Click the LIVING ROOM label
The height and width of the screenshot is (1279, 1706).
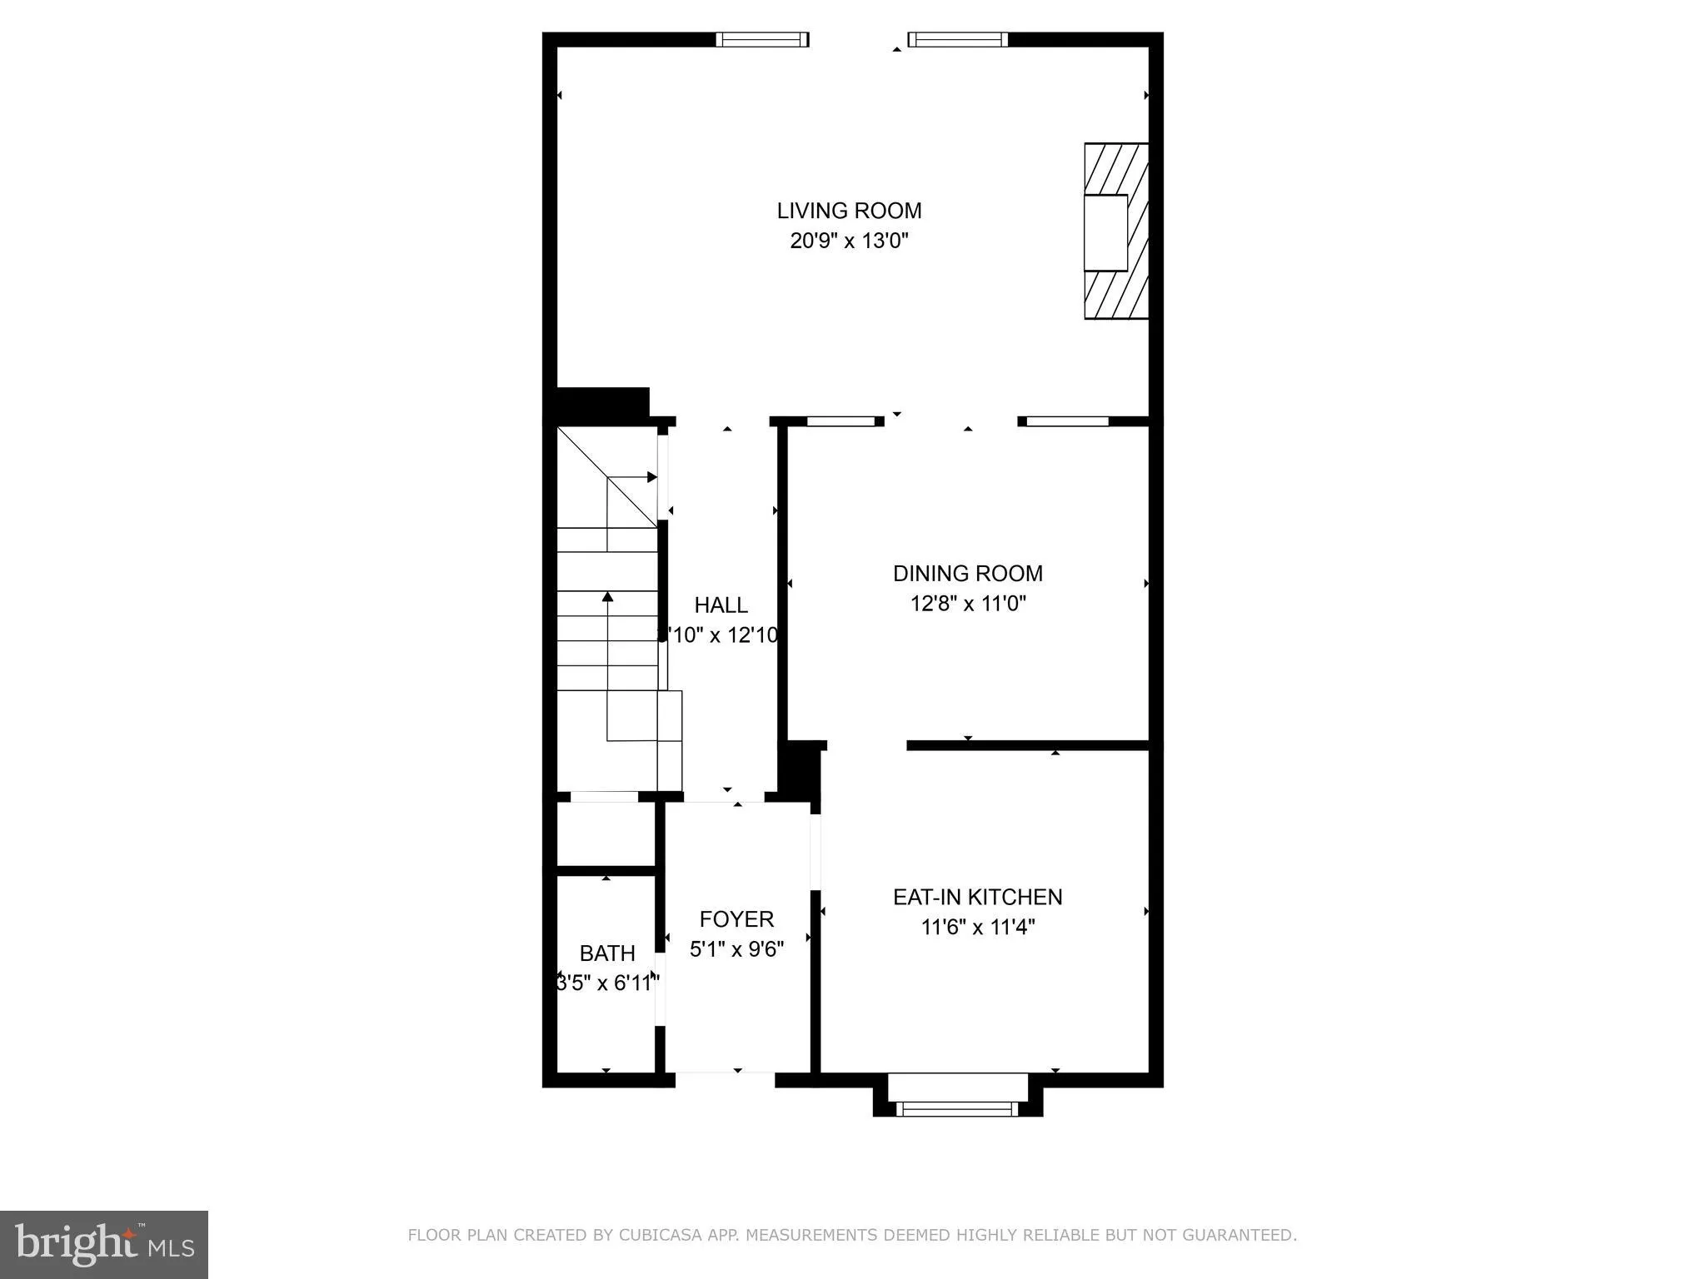coord(849,211)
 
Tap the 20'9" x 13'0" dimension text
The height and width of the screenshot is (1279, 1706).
coord(849,241)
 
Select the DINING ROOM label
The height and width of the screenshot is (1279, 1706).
coord(967,573)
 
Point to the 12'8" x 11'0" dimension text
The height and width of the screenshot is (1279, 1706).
coord(967,603)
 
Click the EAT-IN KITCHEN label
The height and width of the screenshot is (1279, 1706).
coord(977,897)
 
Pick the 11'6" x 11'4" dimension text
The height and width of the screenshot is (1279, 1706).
coord(977,927)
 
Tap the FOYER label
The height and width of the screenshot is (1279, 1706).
coord(736,918)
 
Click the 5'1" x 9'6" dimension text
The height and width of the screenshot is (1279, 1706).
coord(736,948)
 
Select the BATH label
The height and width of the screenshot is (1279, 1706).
coord(607,953)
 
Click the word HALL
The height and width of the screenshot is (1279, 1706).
coord(721,605)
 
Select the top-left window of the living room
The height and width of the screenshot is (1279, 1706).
coord(761,39)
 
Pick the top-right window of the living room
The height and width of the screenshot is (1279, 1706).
coord(957,39)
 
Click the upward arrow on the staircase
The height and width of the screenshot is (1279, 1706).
coord(607,597)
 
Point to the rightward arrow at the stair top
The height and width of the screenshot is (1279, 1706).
coord(651,477)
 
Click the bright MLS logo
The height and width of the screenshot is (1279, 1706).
coord(103,1244)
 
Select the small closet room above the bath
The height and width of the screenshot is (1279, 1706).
coord(606,834)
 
